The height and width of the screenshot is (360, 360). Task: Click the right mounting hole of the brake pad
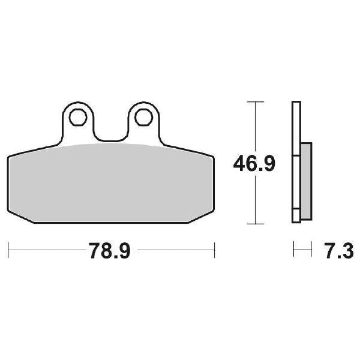[x=142, y=118]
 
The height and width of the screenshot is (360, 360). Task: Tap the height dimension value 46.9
[x=254, y=163]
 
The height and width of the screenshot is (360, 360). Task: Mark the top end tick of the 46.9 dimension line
[x=256, y=101]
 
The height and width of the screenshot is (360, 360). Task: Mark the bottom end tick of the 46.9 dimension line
[x=256, y=224]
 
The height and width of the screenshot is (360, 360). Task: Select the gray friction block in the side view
[x=306, y=180]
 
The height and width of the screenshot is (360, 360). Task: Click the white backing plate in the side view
[x=295, y=162]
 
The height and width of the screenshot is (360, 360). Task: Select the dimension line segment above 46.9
[x=256, y=126]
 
